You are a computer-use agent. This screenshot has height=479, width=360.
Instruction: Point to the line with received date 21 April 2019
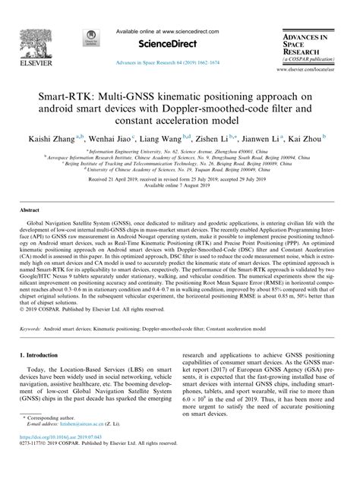[x=180, y=182]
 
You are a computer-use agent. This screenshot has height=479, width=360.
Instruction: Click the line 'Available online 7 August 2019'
[x=180, y=189]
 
